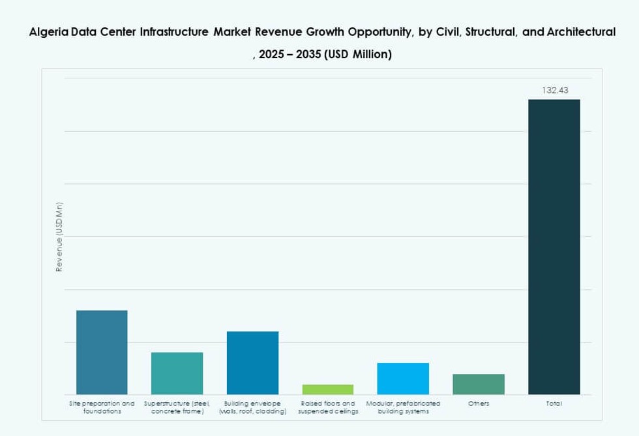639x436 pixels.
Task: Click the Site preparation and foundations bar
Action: coord(102,352)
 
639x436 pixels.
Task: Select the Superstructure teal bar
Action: coord(177,373)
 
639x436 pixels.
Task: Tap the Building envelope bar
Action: coord(252,363)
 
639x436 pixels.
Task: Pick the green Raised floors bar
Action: coord(327,390)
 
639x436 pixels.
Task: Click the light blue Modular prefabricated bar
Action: coord(403,379)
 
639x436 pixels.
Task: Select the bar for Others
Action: coord(479,384)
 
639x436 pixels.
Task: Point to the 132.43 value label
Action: coord(554,90)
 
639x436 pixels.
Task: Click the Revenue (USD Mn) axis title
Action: coord(59,237)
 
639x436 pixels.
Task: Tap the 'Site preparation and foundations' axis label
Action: coord(102,408)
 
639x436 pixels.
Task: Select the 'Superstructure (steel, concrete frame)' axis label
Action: coord(177,408)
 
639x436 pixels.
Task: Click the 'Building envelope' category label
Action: coord(252,408)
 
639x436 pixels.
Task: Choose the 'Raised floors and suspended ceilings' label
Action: coord(328,408)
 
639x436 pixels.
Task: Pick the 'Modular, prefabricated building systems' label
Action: coord(403,408)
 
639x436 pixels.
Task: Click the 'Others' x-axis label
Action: coord(479,404)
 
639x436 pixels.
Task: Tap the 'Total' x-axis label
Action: coord(554,404)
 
